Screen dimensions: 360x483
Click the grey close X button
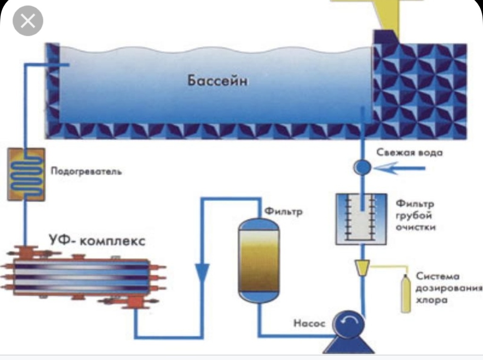(x=28, y=21)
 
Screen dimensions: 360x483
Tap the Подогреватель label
(x=86, y=172)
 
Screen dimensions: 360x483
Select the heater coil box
(x=26, y=174)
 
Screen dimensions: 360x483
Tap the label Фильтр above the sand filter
(x=283, y=211)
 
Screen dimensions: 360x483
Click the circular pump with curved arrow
(x=350, y=324)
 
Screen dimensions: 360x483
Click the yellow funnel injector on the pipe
(x=362, y=268)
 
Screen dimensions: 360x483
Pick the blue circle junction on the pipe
(x=362, y=167)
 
